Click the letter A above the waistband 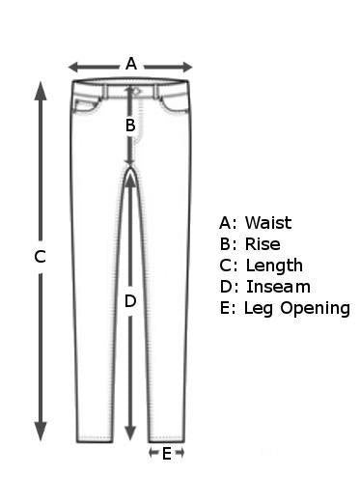131,64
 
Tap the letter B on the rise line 130,125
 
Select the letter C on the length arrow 40,257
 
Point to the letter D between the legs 130,301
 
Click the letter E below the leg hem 166,453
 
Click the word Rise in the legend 263,244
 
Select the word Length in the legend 274,266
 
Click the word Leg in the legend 255,309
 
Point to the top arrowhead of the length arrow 40,89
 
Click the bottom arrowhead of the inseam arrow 130,434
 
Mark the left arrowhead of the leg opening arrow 152,452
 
